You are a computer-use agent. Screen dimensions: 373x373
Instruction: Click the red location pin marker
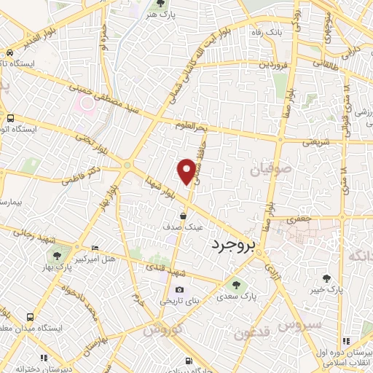pyautogui.click(x=186, y=171)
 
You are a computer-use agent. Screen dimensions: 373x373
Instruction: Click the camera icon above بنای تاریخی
pyautogui.click(x=179, y=290)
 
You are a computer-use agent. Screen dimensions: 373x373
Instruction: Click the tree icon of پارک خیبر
pyautogui.click(x=326, y=278)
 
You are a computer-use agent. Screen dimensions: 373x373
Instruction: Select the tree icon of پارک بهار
pyautogui.click(x=57, y=255)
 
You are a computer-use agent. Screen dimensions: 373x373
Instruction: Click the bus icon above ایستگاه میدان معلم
pyautogui.click(x=31, y=318)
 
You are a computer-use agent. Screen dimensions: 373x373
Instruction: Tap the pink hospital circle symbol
pyautogui.click(x=87, y=102)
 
